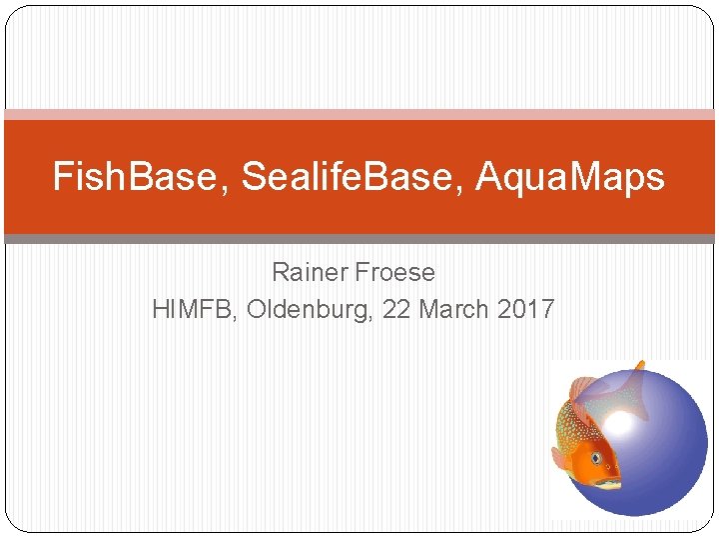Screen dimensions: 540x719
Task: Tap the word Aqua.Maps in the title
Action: (570, 178)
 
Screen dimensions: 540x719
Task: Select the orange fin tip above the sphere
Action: (639, 366)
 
